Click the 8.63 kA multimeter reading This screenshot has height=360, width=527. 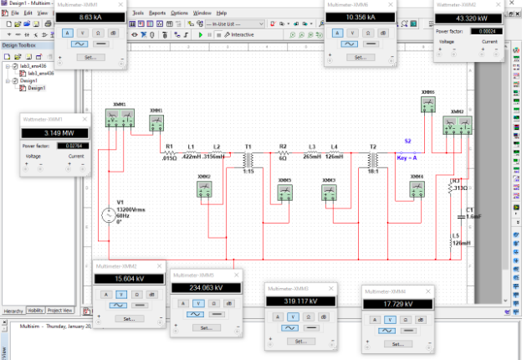(90, 16)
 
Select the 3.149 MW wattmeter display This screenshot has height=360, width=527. (53, 131)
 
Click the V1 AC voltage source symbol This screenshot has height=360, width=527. (109, 215)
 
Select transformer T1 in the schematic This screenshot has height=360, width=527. (248, 158)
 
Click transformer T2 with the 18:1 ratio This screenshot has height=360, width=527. (372, 158)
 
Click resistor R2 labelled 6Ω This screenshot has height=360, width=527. (283, 153)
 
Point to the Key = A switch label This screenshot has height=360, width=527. (407, 156)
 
